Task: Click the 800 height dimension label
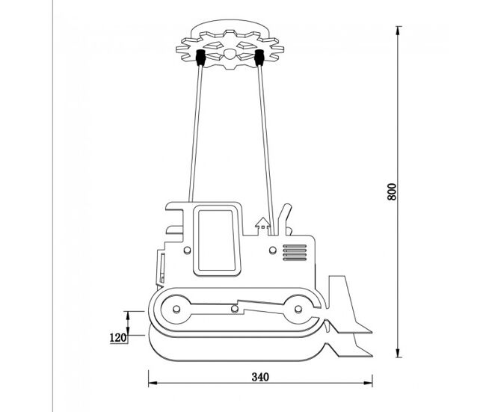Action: point(392,192)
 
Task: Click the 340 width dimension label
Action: point(260,377)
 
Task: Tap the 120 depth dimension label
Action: point(118,337)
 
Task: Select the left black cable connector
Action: point(200,58)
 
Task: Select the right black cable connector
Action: point(259,58)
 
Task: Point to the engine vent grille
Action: point(295,253)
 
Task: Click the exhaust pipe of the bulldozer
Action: point(283,219)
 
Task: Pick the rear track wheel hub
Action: point(176,309)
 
